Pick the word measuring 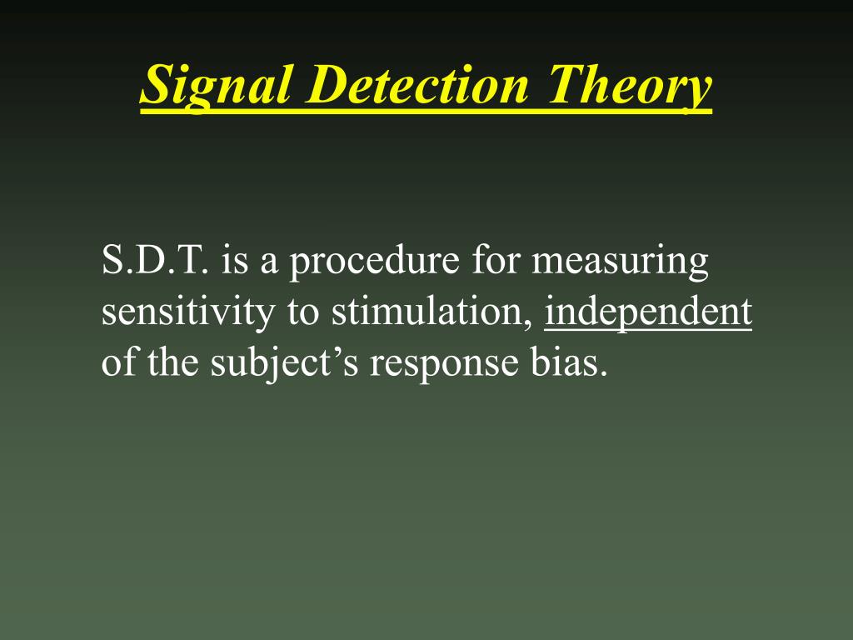pyautogui.click(x=621, y=262)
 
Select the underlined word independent pyautogui.click(x=648, y=312)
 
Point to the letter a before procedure pyautogui.click(x=268, y=264)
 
